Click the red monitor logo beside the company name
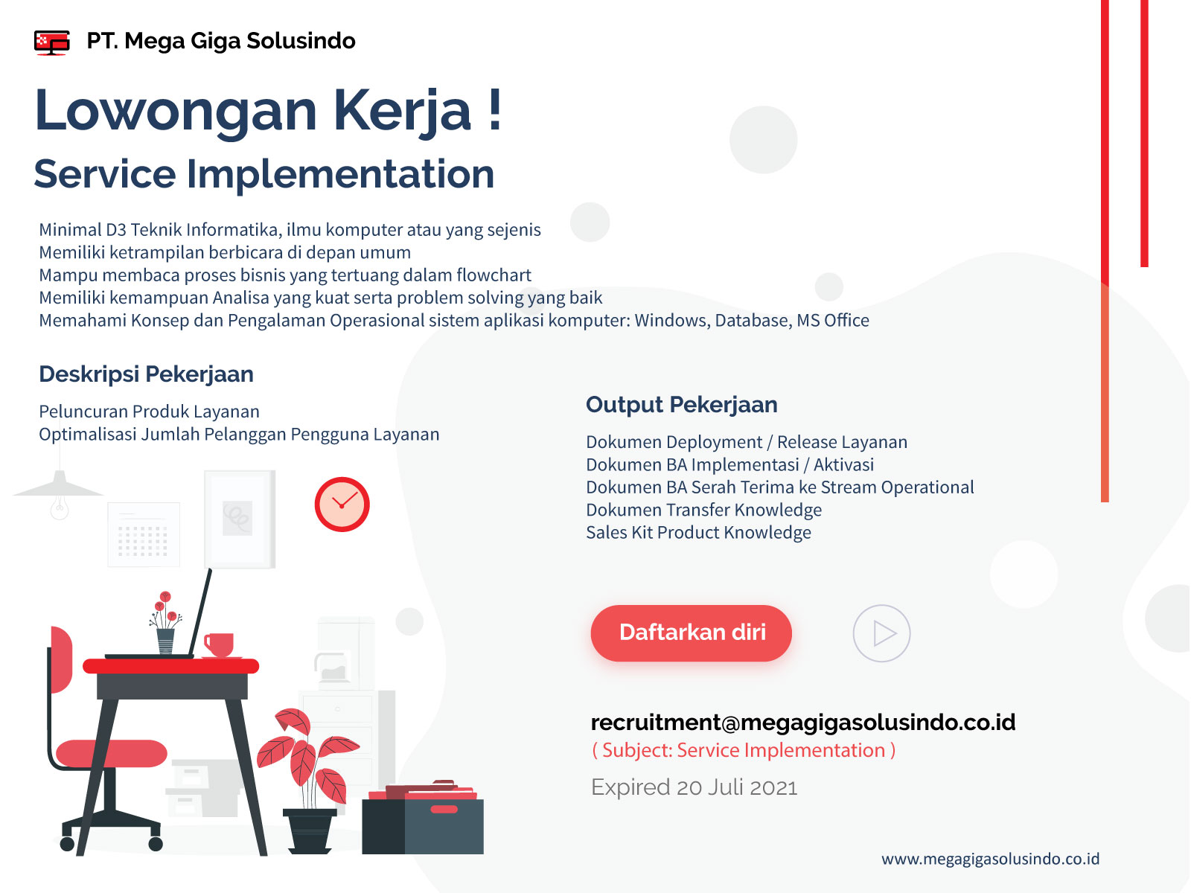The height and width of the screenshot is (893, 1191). tap(51, 42)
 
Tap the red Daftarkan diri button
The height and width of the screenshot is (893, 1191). tap(691, 633)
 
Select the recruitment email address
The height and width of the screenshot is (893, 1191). tap(802, 722)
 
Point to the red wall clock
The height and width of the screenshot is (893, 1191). tap(342, 504)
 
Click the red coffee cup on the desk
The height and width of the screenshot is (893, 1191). tap(219, 644)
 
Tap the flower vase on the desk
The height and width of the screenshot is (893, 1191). tap(165, 640)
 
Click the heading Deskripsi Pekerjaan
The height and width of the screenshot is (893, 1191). tap(146, 374)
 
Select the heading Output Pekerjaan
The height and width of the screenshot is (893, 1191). tap(682, 405)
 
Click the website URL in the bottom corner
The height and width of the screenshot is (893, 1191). tap(990, 859)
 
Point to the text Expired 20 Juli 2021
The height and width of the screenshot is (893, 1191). tap(694, 787)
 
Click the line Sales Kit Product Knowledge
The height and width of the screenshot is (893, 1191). tap(698, 532)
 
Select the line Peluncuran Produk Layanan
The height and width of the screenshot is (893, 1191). tap(149, 412)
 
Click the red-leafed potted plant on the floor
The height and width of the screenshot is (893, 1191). tap(307, 781)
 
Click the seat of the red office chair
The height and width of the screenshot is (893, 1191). tap(111, 753)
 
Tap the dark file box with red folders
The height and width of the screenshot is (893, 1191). tap(423, 818)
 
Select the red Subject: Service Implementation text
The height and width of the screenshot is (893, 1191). tap(744, 750)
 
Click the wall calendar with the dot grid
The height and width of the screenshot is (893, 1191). tap(143, 534)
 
